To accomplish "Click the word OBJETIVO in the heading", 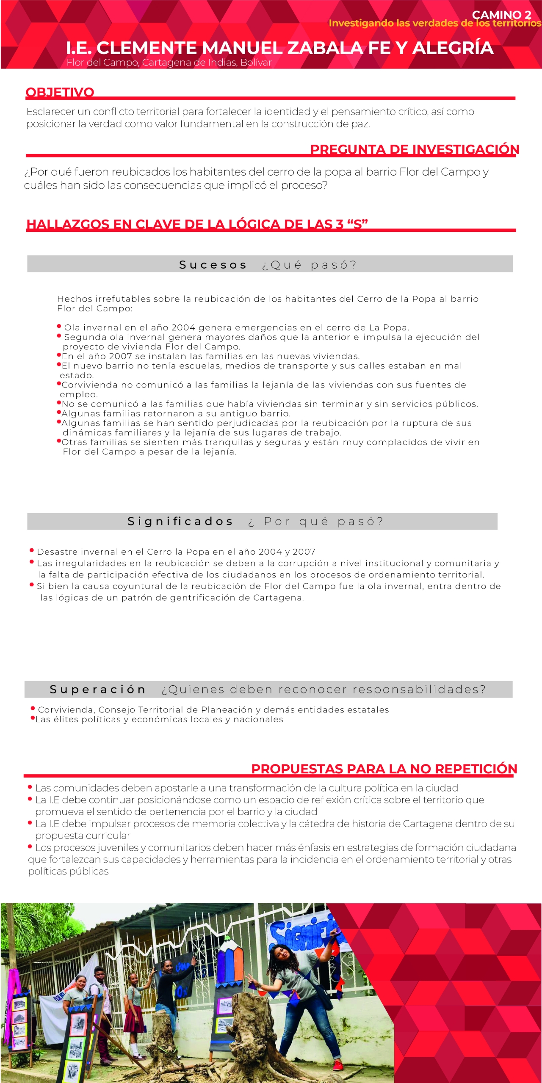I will tap(60, 92).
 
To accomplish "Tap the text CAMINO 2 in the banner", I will tap(501, 15).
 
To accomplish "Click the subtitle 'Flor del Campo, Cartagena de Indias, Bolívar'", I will tap(169, 63).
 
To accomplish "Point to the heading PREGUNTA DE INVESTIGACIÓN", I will tap(415, 149).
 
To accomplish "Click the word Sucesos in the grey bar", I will tap(213, 265).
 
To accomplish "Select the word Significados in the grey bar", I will tap(180, 521).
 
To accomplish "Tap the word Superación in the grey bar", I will tap(98, 689).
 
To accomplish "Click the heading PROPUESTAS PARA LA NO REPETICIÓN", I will tap(384, 769).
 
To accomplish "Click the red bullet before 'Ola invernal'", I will tap(59, 326).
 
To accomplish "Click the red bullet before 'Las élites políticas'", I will tap(32, 718).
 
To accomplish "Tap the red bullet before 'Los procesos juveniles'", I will tap(30, 847).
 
